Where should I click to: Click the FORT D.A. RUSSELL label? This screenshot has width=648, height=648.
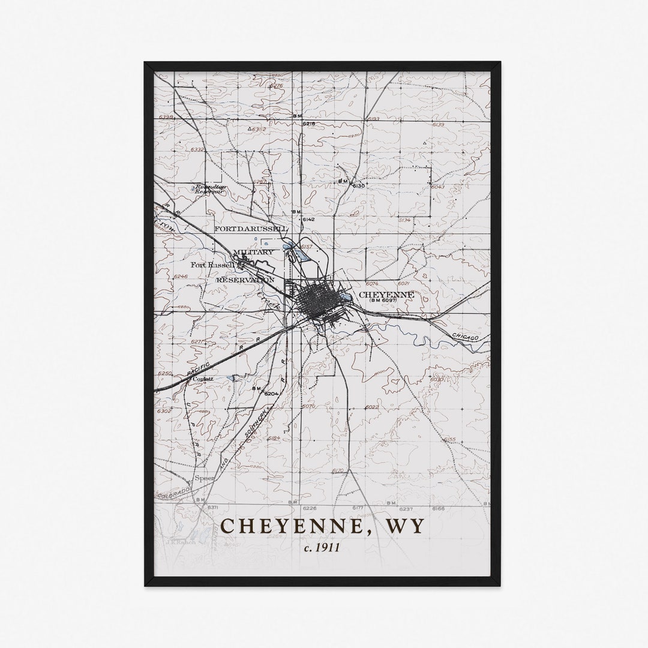click(251, 229)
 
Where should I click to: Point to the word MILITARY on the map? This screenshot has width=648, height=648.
click(253, 252)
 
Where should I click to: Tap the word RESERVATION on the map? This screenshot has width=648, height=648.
click(245, 280)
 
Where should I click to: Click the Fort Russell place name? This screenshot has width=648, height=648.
click(212, 265)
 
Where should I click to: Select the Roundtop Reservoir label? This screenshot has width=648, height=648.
click(206, 189)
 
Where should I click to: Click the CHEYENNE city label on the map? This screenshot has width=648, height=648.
click(386, 295)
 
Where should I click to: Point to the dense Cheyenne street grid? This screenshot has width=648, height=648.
click(317, 302)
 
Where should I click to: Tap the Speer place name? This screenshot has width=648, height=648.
click(205, 479)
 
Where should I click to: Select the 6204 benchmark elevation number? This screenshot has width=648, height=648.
click(272, 394)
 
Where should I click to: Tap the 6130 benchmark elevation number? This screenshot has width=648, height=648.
click(358, 186)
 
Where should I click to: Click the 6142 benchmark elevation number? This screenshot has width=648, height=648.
click(308, 220)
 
